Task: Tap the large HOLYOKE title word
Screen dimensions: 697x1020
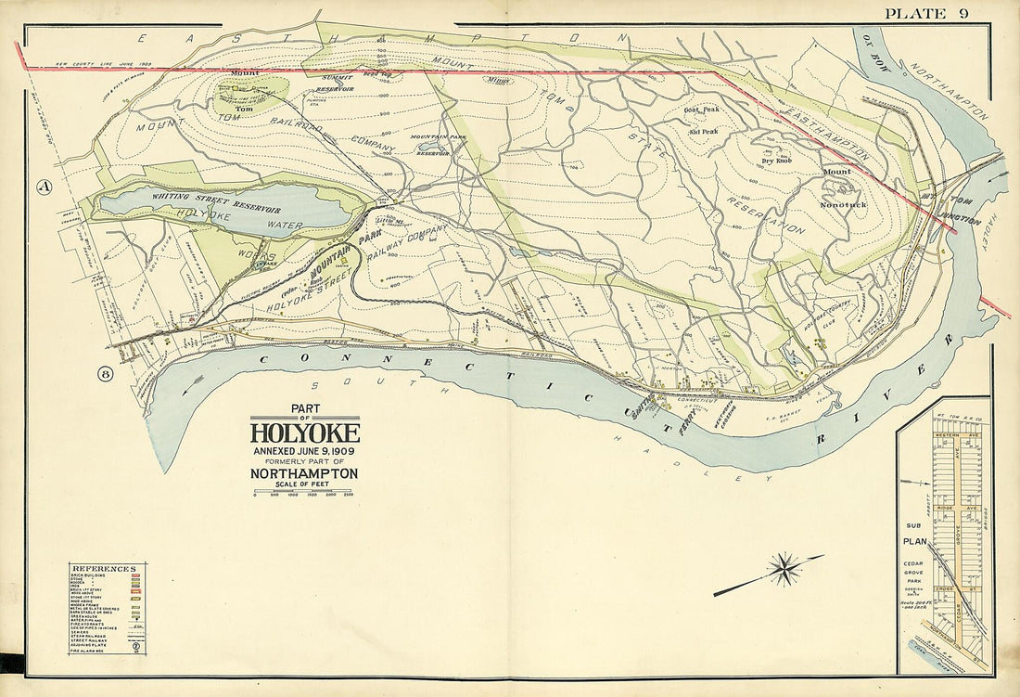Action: (x=304, y=433)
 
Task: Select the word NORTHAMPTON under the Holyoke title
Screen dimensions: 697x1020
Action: (x=304, y=472)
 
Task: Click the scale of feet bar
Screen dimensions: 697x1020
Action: (x=304, y=490)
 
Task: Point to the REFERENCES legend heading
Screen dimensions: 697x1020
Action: (x=108, y=568)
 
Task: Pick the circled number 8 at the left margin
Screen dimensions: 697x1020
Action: (x=105, y=374)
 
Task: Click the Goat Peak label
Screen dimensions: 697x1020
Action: (x=702, y=110)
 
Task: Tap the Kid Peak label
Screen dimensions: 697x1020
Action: (x=704, y=132)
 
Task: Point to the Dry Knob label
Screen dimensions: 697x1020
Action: (x=776, y=161)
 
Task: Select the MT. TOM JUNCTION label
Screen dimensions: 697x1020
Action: (x=951, y=210)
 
